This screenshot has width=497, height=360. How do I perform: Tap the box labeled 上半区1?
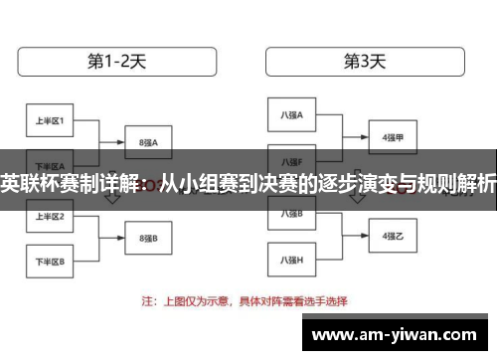coord(50,121)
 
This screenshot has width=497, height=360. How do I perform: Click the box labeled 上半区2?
coord(50,216)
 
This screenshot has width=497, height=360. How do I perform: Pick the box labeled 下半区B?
coord(50,262)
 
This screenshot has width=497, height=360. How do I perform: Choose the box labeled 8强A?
coord(147,142)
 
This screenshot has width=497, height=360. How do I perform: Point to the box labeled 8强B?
coord(147,239)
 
